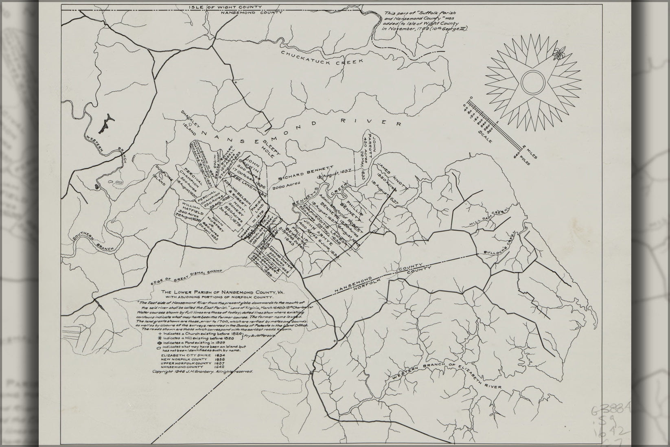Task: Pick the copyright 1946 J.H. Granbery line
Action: click(203, 372)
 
